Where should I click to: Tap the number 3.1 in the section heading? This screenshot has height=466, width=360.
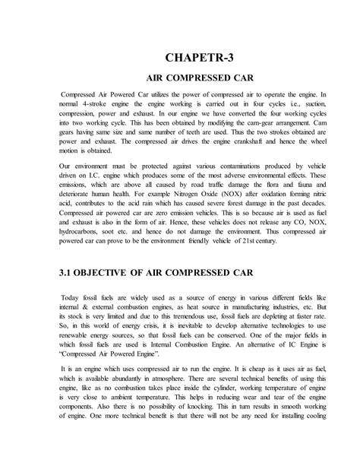[66, 291]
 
